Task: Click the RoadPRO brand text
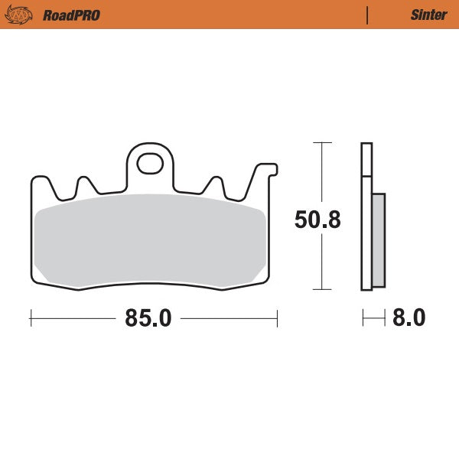pyautogui.click(x=71, y=15)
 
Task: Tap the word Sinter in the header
pyautogui.click(x=428, y=15)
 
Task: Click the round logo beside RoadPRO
pyautogui.click(x=21, y=15)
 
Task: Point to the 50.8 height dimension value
pyautogui.click(x=317, y=220)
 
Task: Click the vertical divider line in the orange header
pyautogui.click(x=368, y=15)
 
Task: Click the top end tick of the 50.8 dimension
pyautogui.click(x=322, y=143)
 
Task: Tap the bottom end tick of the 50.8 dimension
pyautogui.click(x=322, y=289)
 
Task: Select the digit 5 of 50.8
pyautogui.click(x=301, y=220)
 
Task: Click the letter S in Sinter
pyautogui.click(x=414, y=15)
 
